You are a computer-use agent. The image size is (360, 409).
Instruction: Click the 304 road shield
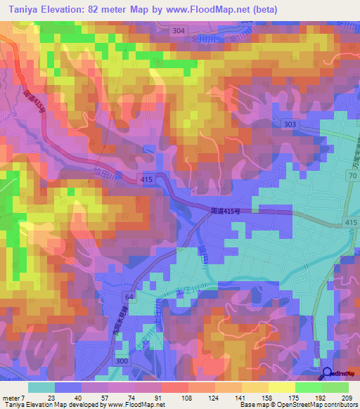179,31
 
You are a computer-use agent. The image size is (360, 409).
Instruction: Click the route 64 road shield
128,297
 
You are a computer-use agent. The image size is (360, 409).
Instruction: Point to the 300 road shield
122,361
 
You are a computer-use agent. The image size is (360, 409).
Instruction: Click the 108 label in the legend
186,397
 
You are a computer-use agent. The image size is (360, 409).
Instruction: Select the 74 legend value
134,397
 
